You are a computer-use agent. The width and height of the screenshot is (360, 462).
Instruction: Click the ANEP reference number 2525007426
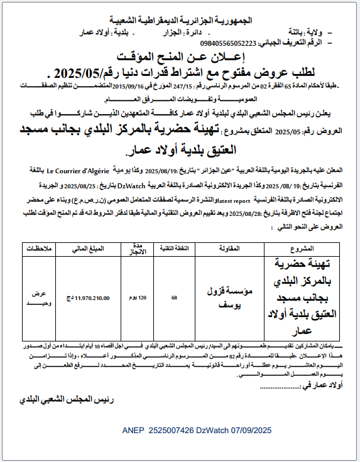(173, 431)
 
